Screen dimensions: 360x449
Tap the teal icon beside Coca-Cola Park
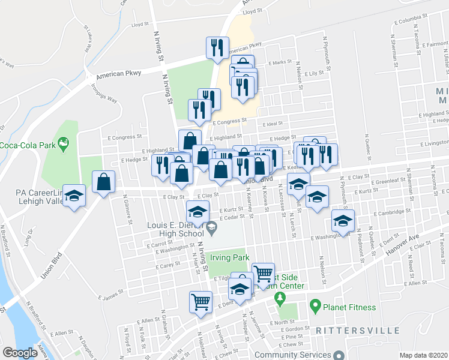(64, 144)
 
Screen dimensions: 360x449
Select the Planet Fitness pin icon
(315, 307)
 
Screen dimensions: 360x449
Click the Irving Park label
(229, 258)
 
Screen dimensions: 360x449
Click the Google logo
(20, 353)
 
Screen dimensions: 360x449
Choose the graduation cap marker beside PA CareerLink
(74, 196)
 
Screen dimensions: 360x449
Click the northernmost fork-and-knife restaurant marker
(217, 47)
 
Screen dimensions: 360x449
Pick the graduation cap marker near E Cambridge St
(343, 221)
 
